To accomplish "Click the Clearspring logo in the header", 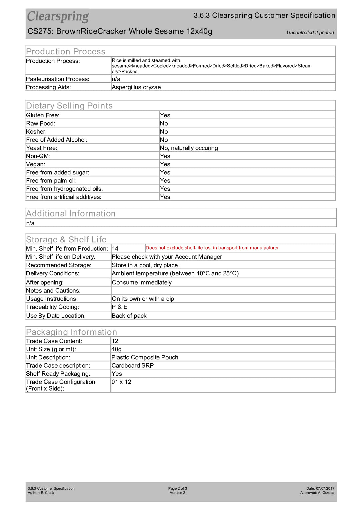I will pyautogui.click(x=58, y=16).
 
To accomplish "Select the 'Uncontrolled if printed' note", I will pyautogui.click(x=310, y=33).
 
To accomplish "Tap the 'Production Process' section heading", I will pyautogui.click(x=66, y=52).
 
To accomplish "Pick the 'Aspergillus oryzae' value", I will pyautogui.click(x=136, y=87).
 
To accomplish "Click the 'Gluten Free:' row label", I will pyautogui.click(x=43, y=115).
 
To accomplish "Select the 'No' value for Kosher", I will pyautogui.click(x=164, y=132).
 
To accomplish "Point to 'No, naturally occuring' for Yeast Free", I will pyautogui.click(x=189, y=148).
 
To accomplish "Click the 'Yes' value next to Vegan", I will pyautogui.click(x=165, y=164).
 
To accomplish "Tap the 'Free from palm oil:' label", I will pyautogui.click(x=51, y=181).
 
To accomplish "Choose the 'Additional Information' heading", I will pyautogui.click(x=71, y=214).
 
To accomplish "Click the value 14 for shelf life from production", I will pyautogui.click(x=115, y=249).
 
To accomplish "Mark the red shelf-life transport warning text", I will pyautogui.click(x=212, y=248).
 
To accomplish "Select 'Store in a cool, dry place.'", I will pyautogui.click(x=146, y=265).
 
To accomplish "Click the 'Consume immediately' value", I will pyautogui.click(x=142, y=283).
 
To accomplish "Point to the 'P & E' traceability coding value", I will pyautogui.click(x=119, y=307).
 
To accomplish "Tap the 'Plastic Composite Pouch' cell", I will pyautogui.click(x=145, y=357).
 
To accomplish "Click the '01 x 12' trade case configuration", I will pyautogui.click(x=121, y=382).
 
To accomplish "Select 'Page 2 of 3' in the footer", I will pyautogui.click(x=177, y=488).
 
